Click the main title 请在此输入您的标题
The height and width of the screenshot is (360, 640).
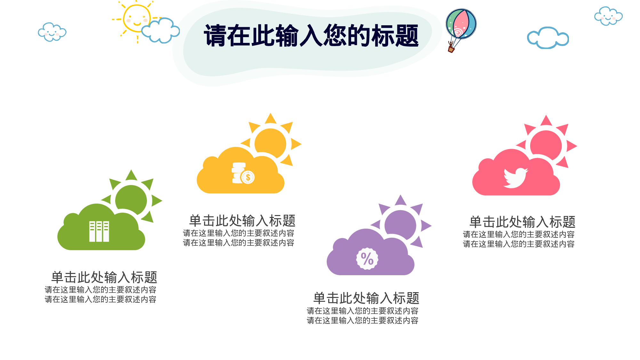tap(311, 36)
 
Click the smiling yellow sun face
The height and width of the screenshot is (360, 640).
tap(137, 19)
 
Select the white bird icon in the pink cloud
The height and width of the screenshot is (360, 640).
tap(515, 178)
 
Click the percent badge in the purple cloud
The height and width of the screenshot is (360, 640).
tap(367, 259)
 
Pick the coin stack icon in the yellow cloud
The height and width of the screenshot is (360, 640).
tap(243, 173)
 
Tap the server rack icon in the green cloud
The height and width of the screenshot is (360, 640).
tap(99, 231)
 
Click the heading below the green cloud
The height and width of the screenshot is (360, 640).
tap(104, 277)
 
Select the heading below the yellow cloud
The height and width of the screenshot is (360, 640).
tap(242, 221)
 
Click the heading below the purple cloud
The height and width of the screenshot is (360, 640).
tap(366, 298)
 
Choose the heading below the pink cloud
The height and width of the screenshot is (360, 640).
tap(522, 222)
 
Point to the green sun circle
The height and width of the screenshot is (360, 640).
tap(131, 200)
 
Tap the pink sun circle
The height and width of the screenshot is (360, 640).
tap(546, 145)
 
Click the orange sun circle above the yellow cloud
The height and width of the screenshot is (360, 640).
tap(270, 143)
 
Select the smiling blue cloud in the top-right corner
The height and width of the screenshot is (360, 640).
tap(608, 16)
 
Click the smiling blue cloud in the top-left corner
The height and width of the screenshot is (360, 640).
tap(52, 32)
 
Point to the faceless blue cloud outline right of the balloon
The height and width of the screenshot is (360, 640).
tap(548, 38)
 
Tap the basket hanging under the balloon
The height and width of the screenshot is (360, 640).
tap(451, 49)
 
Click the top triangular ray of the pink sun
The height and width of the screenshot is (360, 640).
tap(546, 121)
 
